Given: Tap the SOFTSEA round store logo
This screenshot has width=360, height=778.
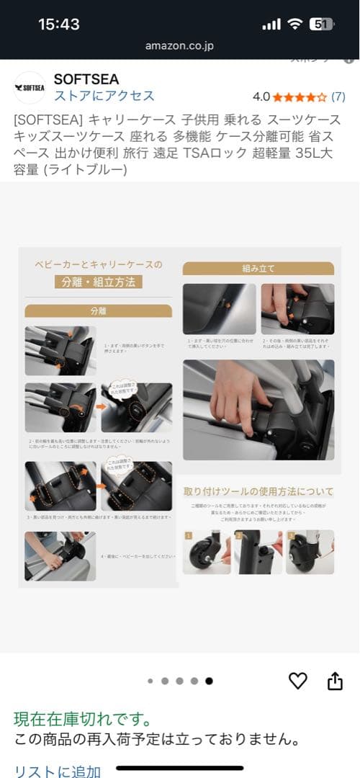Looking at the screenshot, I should click(30, 88).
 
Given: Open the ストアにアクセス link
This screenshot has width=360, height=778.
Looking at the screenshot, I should click(104, 96).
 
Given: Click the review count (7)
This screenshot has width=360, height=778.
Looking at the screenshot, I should click(338, 96).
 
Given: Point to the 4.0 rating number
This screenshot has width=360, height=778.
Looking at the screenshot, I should click(261, 96).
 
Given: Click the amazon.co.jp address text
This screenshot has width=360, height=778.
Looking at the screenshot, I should click(180, 45).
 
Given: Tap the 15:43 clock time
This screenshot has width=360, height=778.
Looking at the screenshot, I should click(59, 24).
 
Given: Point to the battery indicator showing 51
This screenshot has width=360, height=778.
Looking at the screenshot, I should click(320, 24).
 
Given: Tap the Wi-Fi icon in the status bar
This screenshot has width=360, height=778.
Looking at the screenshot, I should click(294, 24).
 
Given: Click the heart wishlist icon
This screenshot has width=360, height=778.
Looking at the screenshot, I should click(297, 680).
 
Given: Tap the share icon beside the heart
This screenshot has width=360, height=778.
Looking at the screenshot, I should click(335, 681).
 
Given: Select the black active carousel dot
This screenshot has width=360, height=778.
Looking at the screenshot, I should click(209, 680).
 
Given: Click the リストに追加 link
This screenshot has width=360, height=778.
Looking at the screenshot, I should click(58, 771).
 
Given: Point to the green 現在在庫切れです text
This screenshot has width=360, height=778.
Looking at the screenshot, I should click(83, 718).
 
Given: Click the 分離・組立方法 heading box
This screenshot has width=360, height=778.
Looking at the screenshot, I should click(98, 282).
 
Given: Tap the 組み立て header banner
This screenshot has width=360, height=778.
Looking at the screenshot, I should click(258, 268).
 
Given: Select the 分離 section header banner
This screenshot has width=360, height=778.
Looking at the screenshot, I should click(98, 310).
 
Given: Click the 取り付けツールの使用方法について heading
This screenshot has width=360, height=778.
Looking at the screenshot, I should click(258, 491).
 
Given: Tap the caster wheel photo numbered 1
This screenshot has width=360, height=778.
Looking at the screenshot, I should click(206, 553).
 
